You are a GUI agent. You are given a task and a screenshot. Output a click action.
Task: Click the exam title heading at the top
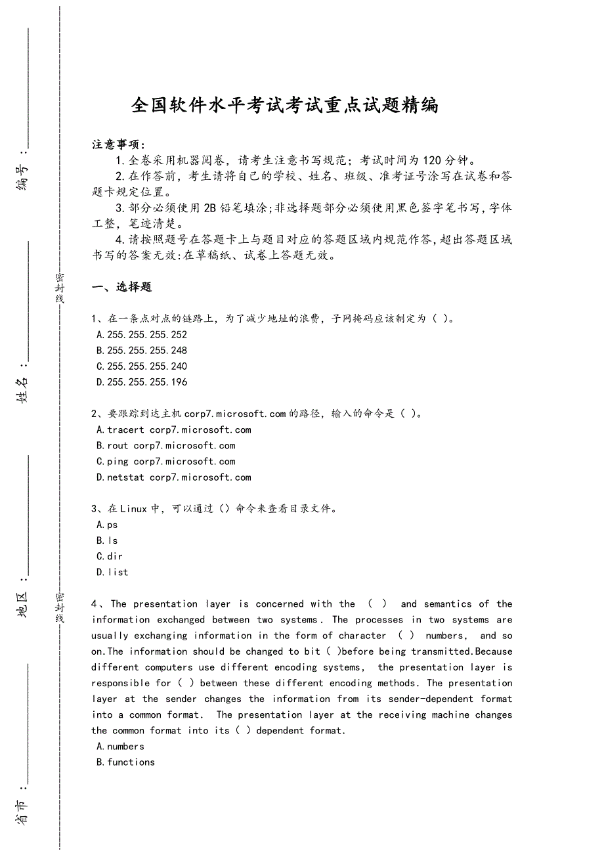tap(285, 105)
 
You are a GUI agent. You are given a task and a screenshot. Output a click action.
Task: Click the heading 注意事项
tap(119, 144)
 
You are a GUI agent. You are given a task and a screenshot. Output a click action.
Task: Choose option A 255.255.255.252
tap(142, 335)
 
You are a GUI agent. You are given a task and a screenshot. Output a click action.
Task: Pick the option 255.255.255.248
tap(142, 351)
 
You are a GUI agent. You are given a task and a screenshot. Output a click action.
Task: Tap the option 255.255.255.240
tap(142, 366)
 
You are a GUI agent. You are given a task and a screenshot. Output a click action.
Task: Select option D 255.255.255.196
tap(142, 382)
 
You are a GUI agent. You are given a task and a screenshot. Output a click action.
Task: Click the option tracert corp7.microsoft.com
tap(174, 430)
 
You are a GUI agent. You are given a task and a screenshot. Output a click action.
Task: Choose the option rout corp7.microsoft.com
tap(166, 446)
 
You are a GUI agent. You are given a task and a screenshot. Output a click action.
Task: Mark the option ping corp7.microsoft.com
tap(166, 462)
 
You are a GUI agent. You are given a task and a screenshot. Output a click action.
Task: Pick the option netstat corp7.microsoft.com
tap(174, 477)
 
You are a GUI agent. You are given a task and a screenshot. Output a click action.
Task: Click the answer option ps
tap(108, 525)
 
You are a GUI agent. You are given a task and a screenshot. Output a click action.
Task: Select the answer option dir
tap(110, 556)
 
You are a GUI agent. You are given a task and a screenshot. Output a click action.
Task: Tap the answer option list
tap(113, 572)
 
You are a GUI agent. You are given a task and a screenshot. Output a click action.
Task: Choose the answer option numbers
tap(121, 747)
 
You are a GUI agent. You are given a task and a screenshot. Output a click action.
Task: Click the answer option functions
tap(126, 762)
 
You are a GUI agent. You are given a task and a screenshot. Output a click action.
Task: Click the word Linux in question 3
tap(134, 509)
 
